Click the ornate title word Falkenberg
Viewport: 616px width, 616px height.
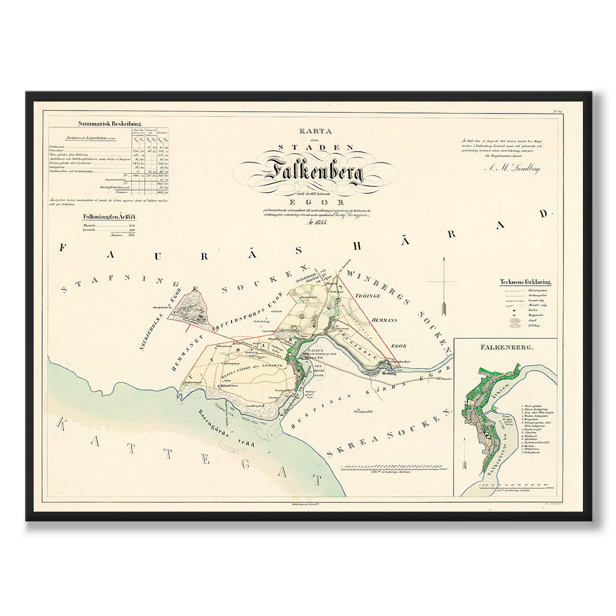314,171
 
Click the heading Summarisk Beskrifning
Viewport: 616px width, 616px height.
110,123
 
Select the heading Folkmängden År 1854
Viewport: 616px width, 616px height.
109,217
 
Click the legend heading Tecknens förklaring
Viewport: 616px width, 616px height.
529,281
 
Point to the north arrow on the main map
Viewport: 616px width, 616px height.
444,285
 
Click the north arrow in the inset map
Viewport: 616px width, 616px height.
464,457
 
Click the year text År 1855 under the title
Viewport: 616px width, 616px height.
314,222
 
